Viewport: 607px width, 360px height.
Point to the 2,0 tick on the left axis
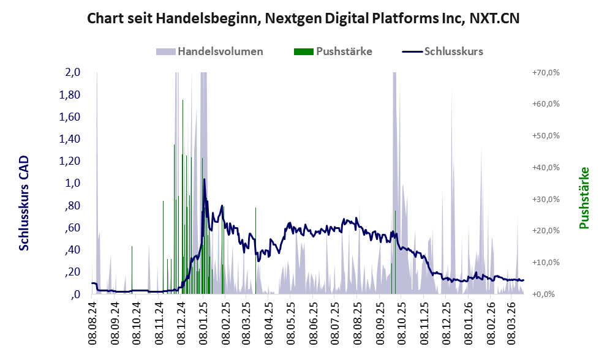(73, 73)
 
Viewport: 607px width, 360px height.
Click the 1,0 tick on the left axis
(73, 183)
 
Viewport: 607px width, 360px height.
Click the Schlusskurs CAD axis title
(24, 203)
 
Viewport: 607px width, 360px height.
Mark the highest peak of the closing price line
(204, 179)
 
